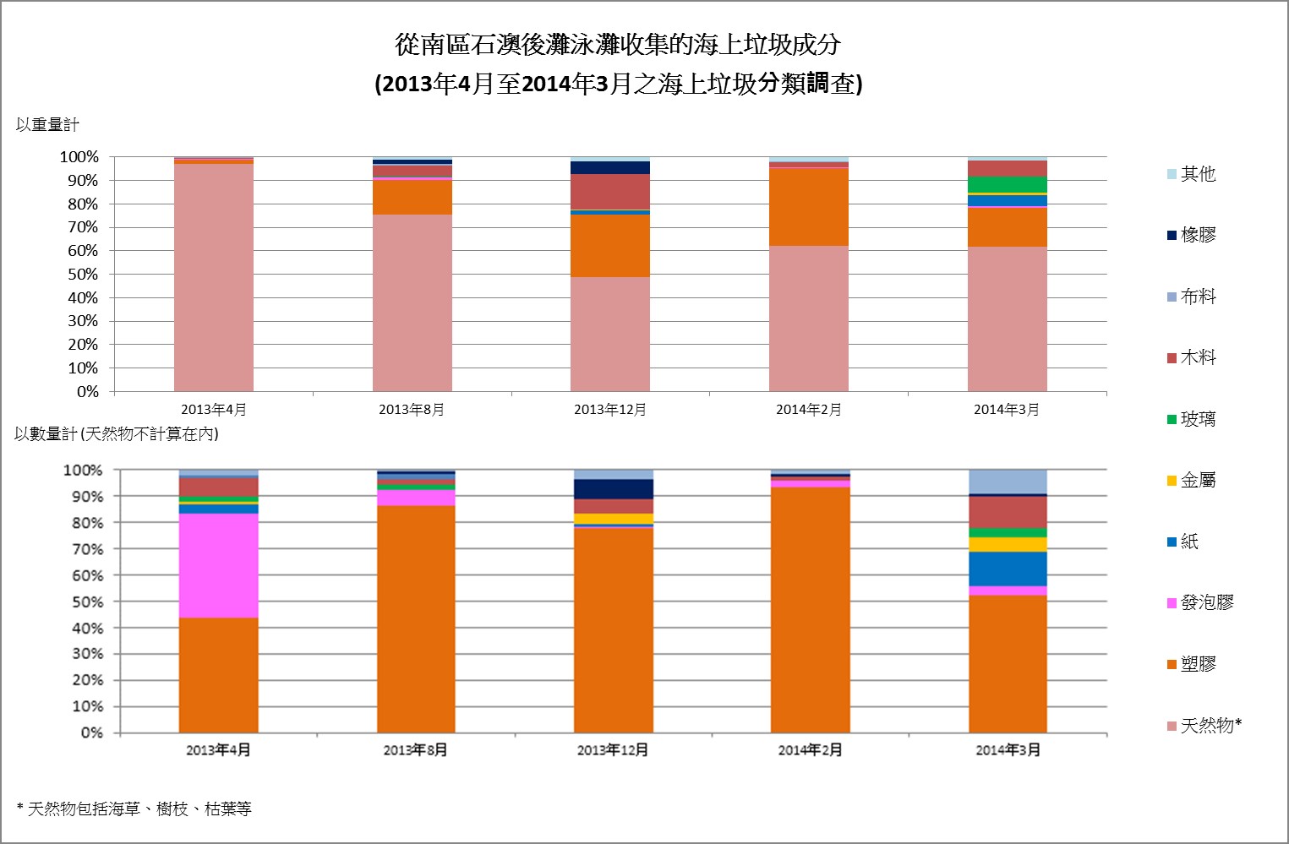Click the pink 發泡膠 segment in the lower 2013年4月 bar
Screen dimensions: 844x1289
pyautogui.click(x=218, y=565)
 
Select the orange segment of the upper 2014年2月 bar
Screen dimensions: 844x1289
pyautogui.click(x=808, y=207)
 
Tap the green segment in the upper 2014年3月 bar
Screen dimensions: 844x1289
pyautogui.click(x=1007, y=184)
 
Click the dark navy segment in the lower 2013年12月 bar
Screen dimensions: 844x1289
pyautogui.click(x=613, y=489)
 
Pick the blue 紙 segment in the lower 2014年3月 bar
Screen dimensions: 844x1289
pyautogui.click(x=1007, y=569)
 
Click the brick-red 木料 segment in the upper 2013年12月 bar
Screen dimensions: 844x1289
pyautogui.click(x=609, y=192)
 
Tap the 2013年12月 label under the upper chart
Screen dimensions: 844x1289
pyautogui.click(x=609, y=410)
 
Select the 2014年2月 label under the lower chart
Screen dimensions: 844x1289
pyautogui.click(x=810, y=750)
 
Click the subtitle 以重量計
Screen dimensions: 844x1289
pyautogui.click(x=47, y=125)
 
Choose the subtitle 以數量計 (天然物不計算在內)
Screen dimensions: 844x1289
pyautogui.click(x=117, y=434)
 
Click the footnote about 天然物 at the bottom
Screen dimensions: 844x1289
pyautogui.click(x=134, y=809)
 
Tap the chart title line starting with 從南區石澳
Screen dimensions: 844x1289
pyautogui.click(x=618, y=45)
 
